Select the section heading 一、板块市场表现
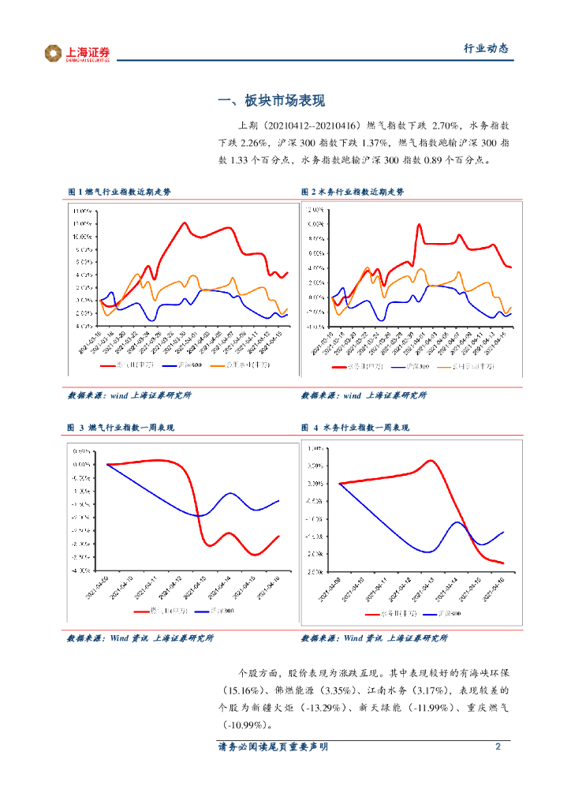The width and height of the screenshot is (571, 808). pyautogui.click(x=271, y=101)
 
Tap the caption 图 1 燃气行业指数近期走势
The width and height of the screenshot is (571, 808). pyautogui.click(x=119, y=192)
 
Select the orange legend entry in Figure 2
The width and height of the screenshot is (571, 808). pyautogui.click(x=472, y=367)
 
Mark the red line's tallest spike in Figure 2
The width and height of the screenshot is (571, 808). pyautogui.click(x=419, y=225)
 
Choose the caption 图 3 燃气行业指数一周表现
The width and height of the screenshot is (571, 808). pyautogui.click(x=121, y=428)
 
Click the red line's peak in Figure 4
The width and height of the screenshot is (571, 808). pyautogui.click(x=431, y=460)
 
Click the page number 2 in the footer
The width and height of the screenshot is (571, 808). pyautogui.click(x=498, y=746)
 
